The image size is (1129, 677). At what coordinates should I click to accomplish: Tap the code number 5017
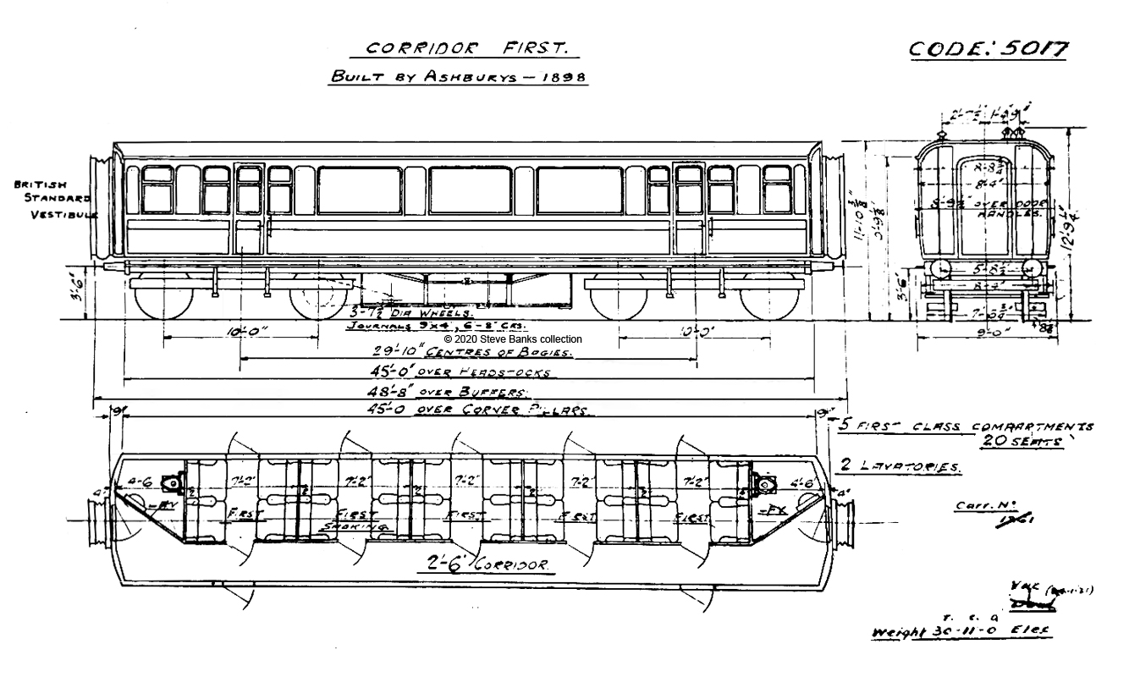(987, 49)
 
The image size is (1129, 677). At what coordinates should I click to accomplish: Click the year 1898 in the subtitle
(564, 76)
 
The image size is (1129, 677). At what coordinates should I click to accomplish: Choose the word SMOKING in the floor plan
(356, 526)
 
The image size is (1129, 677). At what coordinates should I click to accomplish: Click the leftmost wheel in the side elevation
(165, 297)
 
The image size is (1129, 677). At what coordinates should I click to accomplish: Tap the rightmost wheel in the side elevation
(768, 297)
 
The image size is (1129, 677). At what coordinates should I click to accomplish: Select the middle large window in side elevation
(471, 190)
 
